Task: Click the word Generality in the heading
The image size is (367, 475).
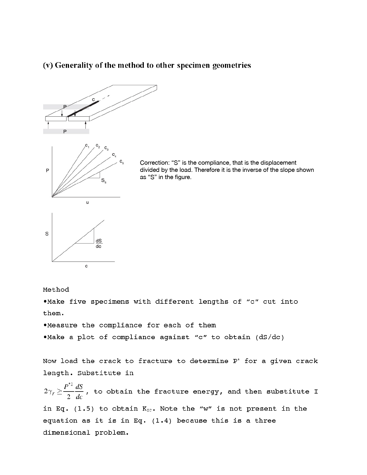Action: pos(74,66)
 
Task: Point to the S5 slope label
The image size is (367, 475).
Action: pos(104,181)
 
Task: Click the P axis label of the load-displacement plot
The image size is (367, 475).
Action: pos(47,171)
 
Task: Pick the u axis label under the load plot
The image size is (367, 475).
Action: pos(87,202)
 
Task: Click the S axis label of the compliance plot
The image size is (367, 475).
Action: pos(47,234)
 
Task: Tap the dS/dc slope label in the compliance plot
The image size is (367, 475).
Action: pos(99,244)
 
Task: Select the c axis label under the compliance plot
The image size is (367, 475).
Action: pos(86,266)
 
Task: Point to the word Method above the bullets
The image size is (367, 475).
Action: pos(56,290)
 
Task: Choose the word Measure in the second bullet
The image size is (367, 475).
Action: pos(62,325)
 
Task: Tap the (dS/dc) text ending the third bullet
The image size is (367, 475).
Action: pos(269,337)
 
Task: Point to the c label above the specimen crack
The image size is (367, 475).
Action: pos(93,100)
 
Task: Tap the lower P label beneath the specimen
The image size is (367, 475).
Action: pos(65,132)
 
